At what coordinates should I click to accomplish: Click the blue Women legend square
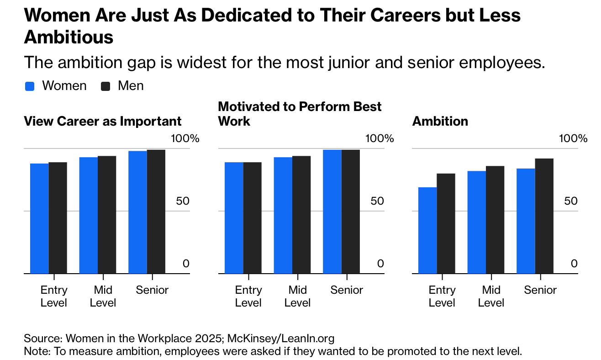pyautogui.click(x=30, y=86)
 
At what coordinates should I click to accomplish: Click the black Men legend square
pyautogui.click(x=105, y=86)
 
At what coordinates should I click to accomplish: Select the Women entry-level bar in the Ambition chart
pyautogui.click(x=428, y=230)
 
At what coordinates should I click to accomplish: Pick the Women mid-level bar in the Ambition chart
pyautogui.click(x=477, y=222)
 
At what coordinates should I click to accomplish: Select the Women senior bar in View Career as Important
pyautogui.click(x=137, y=212)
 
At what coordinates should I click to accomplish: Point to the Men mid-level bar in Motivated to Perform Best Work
pyautogui.click(x=301, y=215)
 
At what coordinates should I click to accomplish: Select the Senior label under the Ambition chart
pyautogui.click(x=540, y=290)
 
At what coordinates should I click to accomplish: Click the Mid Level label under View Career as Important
pyautogui.click(x=103, y=296)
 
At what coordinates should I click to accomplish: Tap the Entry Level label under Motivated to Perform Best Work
pyautogui.click(x=248, y=296)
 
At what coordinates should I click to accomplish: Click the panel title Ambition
pyautogui.click(x=440, y=121)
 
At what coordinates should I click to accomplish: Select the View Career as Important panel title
pyautogui.click(x=103, y=121)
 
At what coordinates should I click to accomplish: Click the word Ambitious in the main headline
pyautogui.click(x=69, y=37)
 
